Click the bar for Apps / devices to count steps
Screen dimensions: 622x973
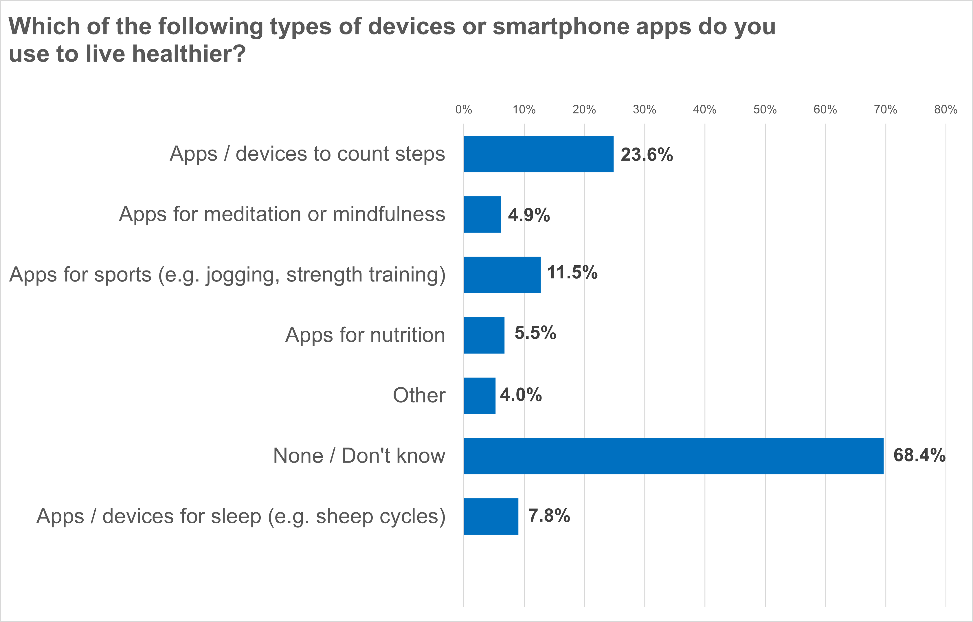(x=538, y=154)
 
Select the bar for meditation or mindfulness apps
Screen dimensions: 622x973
(x=482, y=214)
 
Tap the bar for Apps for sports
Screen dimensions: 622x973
(x=502, y=275)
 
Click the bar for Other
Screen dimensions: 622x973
(x=479, y=396)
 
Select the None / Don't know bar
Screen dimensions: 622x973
(x=673, y=456)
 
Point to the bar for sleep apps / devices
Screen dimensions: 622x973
(x=491, y=517)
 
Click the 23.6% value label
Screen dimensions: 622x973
(x=647, y=155)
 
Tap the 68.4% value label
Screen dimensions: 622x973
(x=919, y=455)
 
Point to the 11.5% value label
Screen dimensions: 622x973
(x=572, y=273)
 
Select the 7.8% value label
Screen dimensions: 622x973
(x=549, y=516)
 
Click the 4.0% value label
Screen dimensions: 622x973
(x=521, y=395)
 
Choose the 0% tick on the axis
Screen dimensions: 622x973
(x=463, y=109)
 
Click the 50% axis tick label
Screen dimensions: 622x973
(x=765, y=109)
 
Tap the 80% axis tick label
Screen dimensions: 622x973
(x=946, y=109)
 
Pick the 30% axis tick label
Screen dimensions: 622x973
(x=644, y=109)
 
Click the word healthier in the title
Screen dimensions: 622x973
(x=189, y=54)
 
